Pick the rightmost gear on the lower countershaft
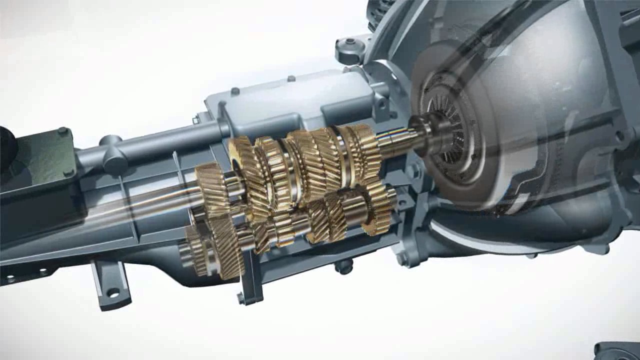click(x=377, y=207)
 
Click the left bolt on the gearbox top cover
click(x=234, y=91)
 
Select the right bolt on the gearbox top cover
click(x=291, y=79)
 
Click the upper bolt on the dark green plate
click(x=62, y=131)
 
